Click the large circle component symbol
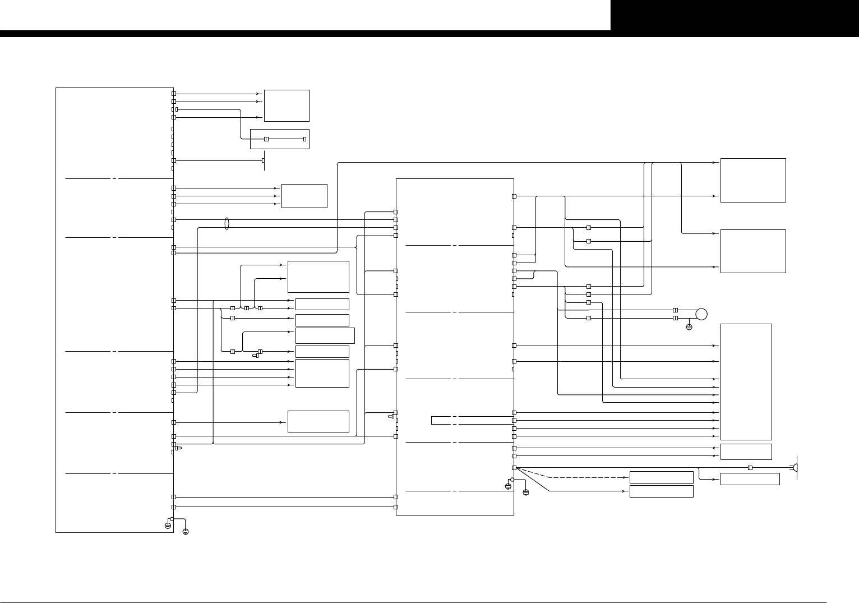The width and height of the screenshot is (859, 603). click(701, 314)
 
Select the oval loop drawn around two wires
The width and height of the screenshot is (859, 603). click(227, 224)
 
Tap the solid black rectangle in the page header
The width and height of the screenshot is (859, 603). click(735, 15)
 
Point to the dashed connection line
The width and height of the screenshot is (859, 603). click(583, 477)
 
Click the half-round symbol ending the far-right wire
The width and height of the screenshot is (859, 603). click(795, 468)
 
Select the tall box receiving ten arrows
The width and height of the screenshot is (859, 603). click(746, 381)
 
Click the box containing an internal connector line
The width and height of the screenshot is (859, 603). click(280, 139)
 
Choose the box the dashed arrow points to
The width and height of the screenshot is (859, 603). click(661, 477)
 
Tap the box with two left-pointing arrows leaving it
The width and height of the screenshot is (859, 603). click(746, 452)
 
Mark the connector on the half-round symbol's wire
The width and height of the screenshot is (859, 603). click(750, 468)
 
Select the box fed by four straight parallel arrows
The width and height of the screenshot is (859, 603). click(322, 373)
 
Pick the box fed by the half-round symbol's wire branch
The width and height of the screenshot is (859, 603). click(750, 479)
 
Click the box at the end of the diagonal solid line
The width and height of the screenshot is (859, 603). click(661, 491)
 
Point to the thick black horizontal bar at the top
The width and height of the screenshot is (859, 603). click(305, 34)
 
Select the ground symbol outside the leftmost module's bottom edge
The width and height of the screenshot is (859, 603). click(186, 531)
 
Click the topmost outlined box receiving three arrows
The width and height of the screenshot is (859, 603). click(287, 105)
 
